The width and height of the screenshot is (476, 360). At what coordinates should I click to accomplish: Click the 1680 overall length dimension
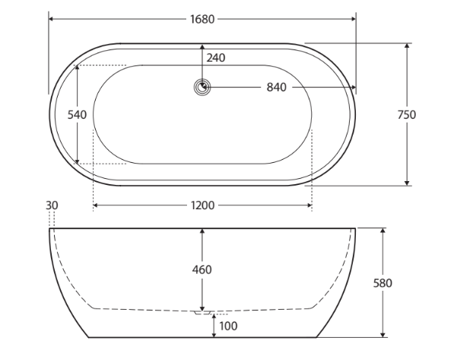202,19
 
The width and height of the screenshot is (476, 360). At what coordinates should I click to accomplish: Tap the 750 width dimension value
407,114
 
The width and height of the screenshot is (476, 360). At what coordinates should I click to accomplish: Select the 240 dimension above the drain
216,58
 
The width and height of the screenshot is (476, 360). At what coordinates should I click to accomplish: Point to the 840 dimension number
277,88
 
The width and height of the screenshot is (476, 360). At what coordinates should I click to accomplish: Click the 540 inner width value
77,114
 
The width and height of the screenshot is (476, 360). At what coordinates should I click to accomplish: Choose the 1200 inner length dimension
203,205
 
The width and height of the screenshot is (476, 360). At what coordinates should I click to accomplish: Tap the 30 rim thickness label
52,205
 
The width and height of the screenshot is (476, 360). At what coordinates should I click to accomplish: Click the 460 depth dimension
202,269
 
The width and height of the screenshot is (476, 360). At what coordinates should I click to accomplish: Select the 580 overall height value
382,283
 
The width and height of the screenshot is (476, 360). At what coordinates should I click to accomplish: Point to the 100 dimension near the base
228,326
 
